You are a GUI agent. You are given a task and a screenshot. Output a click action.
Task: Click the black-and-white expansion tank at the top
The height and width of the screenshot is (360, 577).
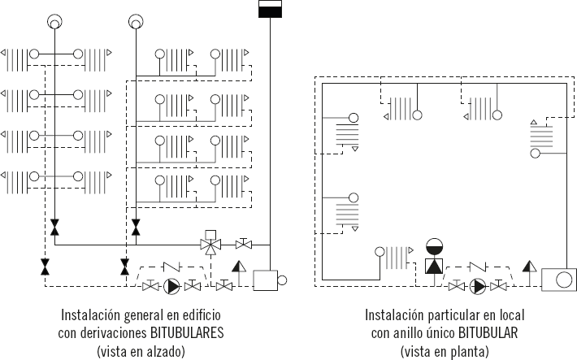point(269,10)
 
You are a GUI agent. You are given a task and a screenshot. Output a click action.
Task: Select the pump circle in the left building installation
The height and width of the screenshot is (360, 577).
point(172,286)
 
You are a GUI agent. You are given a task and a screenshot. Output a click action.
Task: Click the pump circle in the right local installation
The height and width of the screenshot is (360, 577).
point(479,286)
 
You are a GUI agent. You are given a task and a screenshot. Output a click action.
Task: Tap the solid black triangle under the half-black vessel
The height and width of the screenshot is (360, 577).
point(435,265)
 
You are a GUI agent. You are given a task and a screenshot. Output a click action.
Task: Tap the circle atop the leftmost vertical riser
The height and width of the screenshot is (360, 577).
point(54,20)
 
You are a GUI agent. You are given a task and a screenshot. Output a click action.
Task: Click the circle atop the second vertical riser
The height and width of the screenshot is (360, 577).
point(136,20)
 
